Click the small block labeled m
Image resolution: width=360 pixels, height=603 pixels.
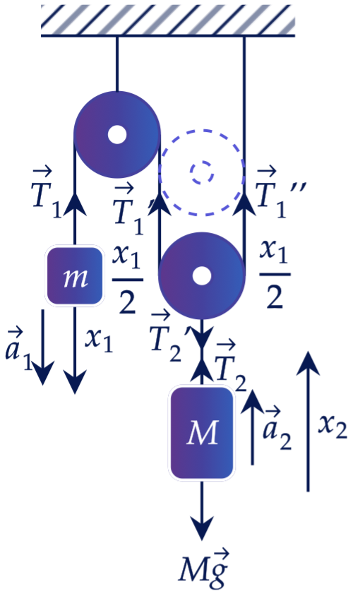pos(75,276)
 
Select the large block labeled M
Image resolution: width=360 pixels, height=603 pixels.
pos(202,433)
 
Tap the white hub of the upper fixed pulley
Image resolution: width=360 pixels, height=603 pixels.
pos(117,135)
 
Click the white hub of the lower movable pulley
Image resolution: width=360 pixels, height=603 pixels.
pos(202,276)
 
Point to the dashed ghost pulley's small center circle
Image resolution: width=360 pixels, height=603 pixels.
pos(202,172)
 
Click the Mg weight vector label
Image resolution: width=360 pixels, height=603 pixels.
pos(204,569)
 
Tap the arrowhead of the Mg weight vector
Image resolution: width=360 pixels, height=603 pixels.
pos(202,530)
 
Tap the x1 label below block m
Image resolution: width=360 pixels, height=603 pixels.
pos(99,340)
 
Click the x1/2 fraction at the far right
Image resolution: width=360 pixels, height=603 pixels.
pos(275,274)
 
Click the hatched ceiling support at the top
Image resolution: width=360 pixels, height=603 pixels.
pos(168,20)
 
